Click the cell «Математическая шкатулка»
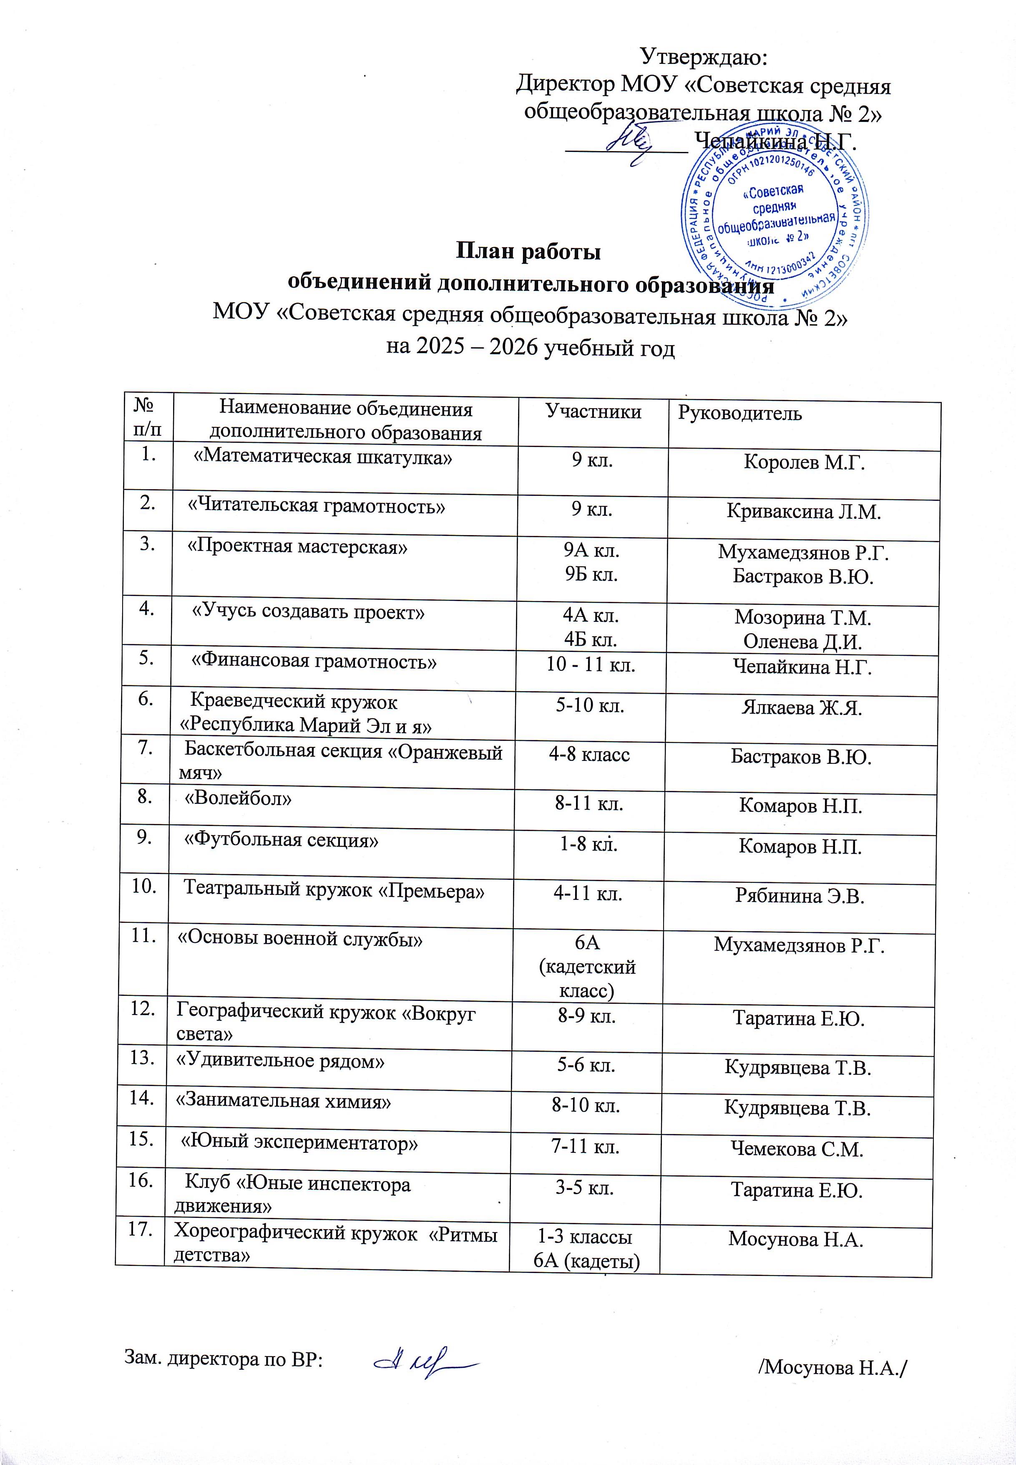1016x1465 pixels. [323, 458]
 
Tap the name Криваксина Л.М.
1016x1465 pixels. [803, 513]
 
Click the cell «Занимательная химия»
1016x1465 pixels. [283, 1102]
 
